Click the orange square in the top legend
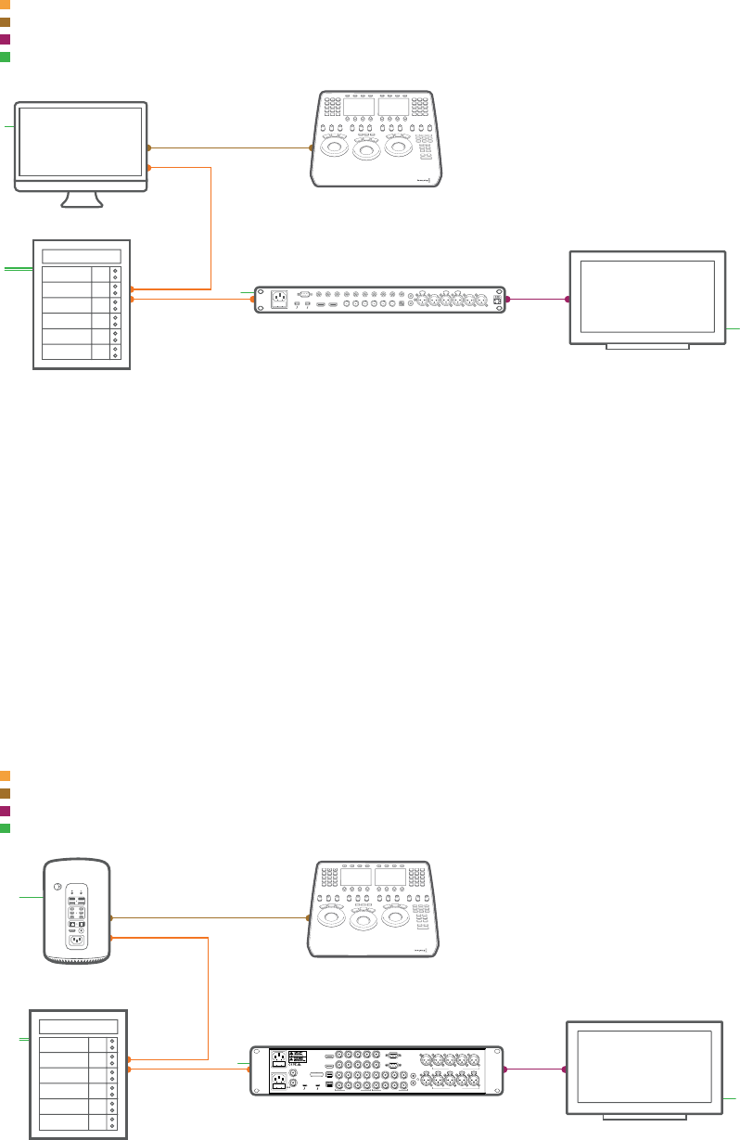[x=5, y=5]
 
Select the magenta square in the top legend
[x=5, y=40]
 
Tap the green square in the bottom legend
[x=5, y=827]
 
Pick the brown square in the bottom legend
[x=5, y=793]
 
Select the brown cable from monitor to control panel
[x=230, y=147]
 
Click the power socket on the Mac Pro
[x=76, y=940]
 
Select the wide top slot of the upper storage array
[x=82, y=256]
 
